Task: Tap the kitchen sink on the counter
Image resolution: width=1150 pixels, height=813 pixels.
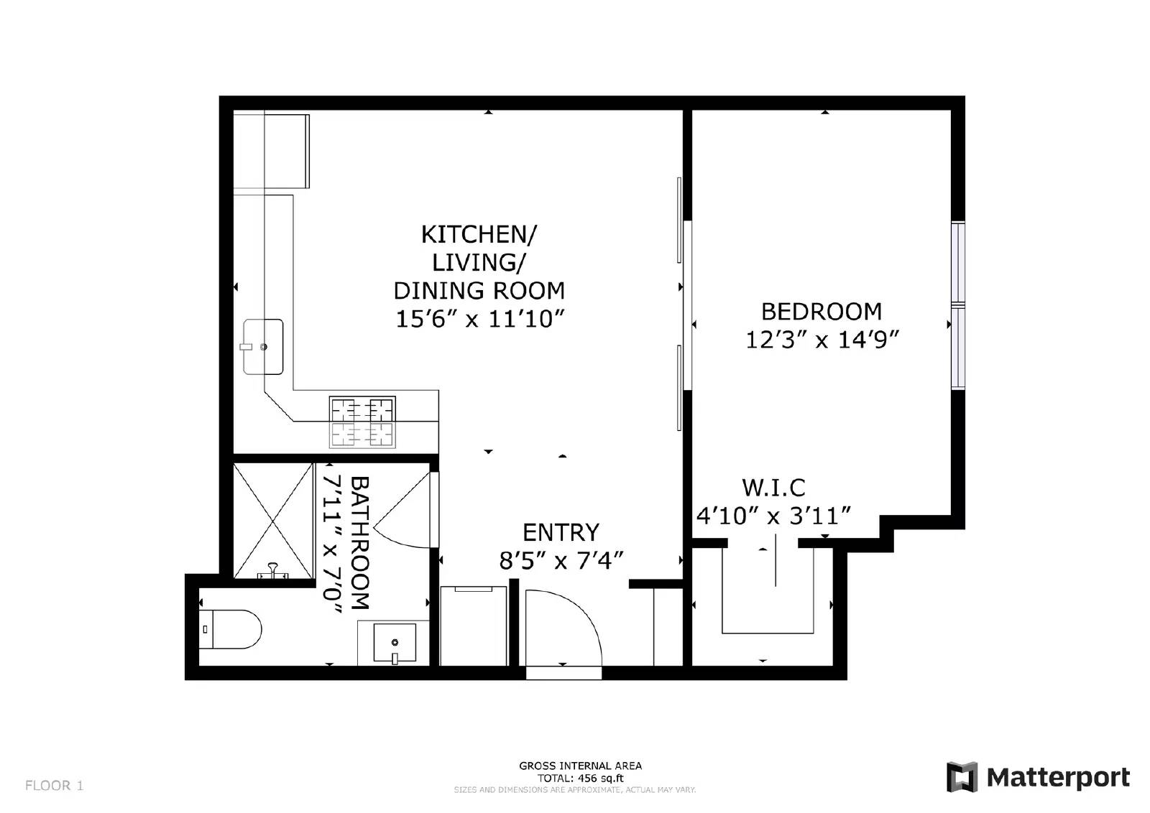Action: click(x=263, y=347)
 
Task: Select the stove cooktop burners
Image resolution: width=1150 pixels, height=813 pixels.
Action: click(x=362, y=422)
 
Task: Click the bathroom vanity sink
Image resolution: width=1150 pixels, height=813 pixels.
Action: click(x=395, y=643)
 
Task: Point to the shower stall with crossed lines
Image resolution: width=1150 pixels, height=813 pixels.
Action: click(x=274, y=521)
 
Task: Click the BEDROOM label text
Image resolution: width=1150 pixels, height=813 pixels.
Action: click(x=822, y=312)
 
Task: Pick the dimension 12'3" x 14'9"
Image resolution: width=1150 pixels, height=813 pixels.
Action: click(x=822, y=340)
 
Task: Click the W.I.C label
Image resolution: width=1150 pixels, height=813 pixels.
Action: click(x=773, y=488)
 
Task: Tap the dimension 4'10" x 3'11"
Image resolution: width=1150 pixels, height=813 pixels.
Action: click(x=774, y=516)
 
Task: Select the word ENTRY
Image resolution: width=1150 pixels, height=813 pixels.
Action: click(x=561, y=532)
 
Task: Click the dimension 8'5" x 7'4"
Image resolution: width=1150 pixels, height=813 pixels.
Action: click(x=561, y=560)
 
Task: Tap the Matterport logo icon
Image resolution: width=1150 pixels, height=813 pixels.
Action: click(x=962, y=777)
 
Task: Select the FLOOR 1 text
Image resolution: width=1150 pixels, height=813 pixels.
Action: click(x=55, y=786)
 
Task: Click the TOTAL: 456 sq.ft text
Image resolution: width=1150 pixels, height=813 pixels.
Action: click(x=580, y=778)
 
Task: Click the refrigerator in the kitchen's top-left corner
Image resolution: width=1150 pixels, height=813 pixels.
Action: click(x=285, y=151)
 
